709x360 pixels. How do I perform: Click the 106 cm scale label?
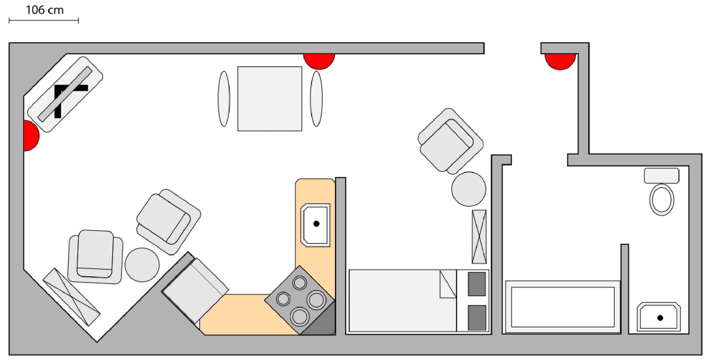tap(45, 10)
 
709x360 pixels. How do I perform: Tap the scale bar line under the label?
tap(44, 20)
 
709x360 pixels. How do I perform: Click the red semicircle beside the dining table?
tap(319, 61)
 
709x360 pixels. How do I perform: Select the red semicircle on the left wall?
tap(31, 136)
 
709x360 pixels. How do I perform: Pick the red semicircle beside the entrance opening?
tap(560, 61)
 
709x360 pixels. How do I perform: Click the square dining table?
tap(270, 99)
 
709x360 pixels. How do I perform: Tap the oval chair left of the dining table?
tap(224, 99)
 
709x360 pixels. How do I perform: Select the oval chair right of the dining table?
tap(316, 99)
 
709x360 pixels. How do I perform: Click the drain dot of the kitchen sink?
tap(316, 224)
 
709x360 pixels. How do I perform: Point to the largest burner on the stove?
tap(316, 300)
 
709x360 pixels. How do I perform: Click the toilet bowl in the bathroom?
tap(661, 200)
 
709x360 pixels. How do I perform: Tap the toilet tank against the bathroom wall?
tap(661, 176)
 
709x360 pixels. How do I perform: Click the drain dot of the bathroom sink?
tap(660, 318)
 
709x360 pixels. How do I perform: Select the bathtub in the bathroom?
tap(562, 307)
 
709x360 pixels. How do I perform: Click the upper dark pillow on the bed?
tap(477, 284)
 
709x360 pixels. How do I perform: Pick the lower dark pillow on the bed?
tap(477, 318)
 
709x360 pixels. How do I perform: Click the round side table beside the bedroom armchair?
tap(468, 189)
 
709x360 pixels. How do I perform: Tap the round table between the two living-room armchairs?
tap(142, 265)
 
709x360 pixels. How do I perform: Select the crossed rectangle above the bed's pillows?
tap(479, 237)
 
